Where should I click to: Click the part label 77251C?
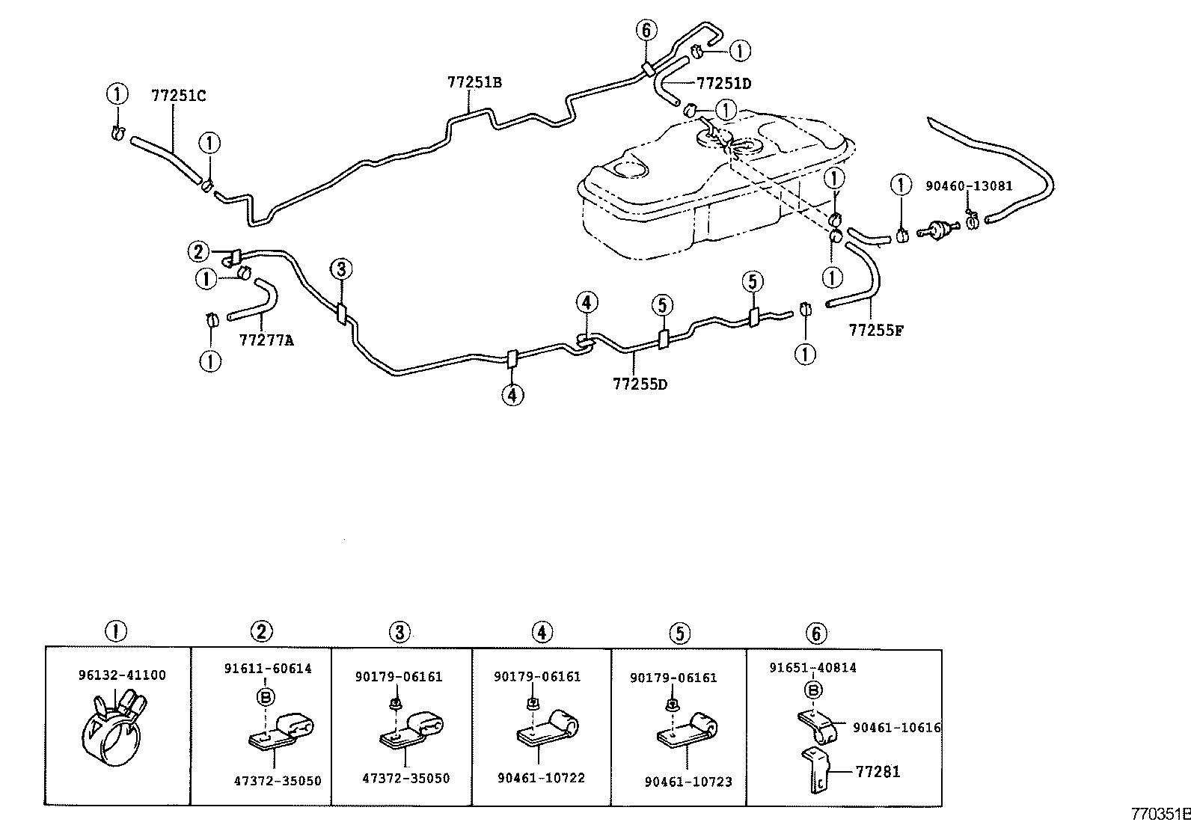click(x=178, y=96)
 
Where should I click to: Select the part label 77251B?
click(x=474, y=83)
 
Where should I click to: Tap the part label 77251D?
click(x=723, y=83)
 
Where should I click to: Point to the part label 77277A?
click(x=266, y=341)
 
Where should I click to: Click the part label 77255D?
click(x=640, y=384)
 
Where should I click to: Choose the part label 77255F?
click(x=876, y=329)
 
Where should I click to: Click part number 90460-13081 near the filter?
click(x=969, y=185)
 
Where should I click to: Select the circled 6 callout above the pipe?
click(x=646, y=31)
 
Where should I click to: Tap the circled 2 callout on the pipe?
click(x=198, y=251)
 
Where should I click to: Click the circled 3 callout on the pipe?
click(x=340, y=269)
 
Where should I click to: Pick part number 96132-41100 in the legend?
click(x=122, y=675)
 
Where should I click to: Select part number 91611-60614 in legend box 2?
click(x=268, y=669)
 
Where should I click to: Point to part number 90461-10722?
click(x=541, y=778)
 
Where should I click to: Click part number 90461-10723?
click(x=688, y=782)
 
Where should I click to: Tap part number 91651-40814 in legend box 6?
click(x=813, y=668)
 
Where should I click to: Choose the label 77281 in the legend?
click(x=878, y=772)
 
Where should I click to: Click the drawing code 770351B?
click(x=1160, y=813)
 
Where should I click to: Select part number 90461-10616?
click(x=896, y=728)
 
